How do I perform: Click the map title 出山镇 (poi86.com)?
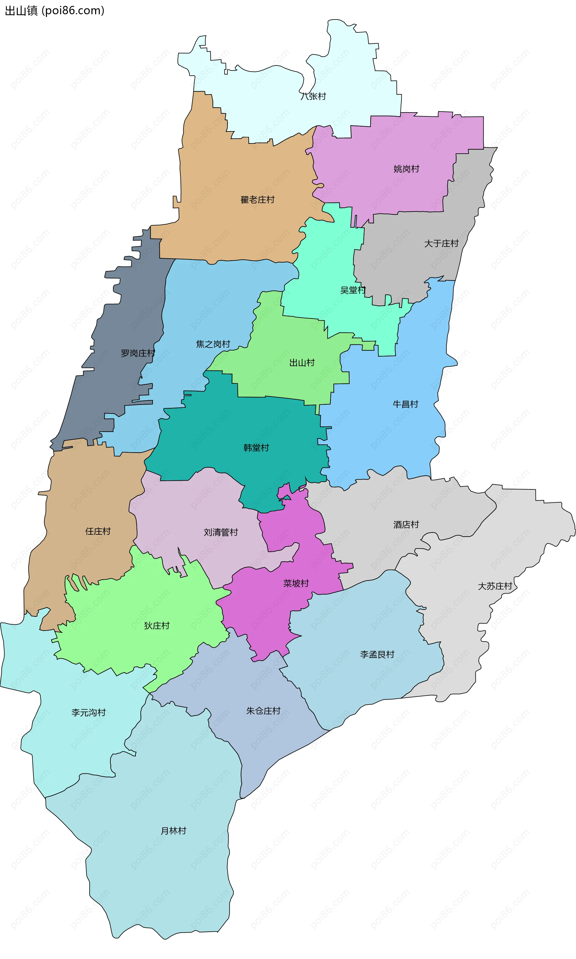(x=54, y=11)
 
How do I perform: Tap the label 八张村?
(x=313, y=96)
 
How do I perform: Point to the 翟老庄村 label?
(x=257, y=200)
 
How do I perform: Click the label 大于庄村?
(x=441, y=243)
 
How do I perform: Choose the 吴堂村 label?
(x=353, y=290)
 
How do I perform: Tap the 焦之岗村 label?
(x=213, y=344)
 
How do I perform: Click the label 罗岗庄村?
(x=138, y=353)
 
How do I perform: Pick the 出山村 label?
(x=301, y=363)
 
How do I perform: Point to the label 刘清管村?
(x=220, y=532)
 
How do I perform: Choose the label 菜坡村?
(x=296, y=583)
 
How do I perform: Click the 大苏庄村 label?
(x=494, y=586)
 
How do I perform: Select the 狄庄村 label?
(x=156, y=626)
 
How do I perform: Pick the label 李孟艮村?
(x=377, y=654)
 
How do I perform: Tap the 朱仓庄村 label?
(x=263, y=711)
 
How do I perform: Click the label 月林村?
(x=173, y=831)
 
